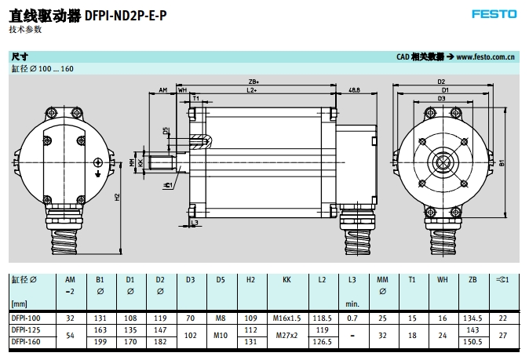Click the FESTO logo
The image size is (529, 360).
pyautogui.click(x=494, y=14)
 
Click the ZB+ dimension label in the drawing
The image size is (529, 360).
pyautogui.click(x=254, y=81)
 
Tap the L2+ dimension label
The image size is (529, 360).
pyautogui.click(x=253, y=91)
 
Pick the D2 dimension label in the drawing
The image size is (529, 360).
pyautogui.click(x=442, y=81)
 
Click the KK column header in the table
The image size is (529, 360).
pyautogui.click(x=286, y=278)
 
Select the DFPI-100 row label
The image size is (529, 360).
pyautogui.click(x=26, y=318)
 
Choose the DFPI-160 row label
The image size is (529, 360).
pyautogui.click(x=26, y=341)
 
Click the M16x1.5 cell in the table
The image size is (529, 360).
pyautogui.click(x=286, y=318)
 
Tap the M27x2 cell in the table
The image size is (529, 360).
pyautogui.click(x=286, y=336)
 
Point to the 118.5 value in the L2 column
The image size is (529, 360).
pyautogui.click(x=323, y=318)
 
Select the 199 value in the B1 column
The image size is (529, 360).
pyautogui.click(x=100, y=341)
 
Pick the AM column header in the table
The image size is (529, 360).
pyautogui.click(x=70, y=278)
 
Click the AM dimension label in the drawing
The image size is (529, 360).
pyautogui.click(x=162, y=91)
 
